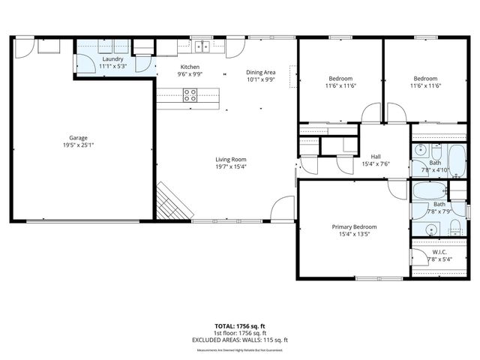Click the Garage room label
click(x=79, y=138)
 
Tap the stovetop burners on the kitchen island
click(x=190, y=94)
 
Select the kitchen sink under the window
click(x=201, y=46)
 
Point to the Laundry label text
click(x=112, y=59)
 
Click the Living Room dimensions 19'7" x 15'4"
click(x=231, y=166)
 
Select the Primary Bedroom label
click(x=354, y=226)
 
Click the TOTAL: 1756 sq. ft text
click(x=240, y=325)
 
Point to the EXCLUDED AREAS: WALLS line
click(x=240, y=340)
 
